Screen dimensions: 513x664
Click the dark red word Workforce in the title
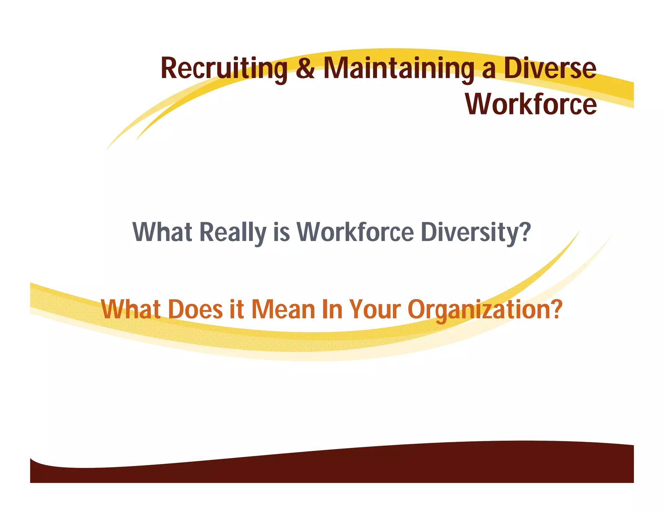531,104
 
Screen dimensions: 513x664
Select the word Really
232,232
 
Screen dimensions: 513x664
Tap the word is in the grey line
281,232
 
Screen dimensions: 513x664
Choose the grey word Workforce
355,232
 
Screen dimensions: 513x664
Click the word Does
196,309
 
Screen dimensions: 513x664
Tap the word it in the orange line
237,309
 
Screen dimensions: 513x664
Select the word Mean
283,309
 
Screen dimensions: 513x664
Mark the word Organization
479,309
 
